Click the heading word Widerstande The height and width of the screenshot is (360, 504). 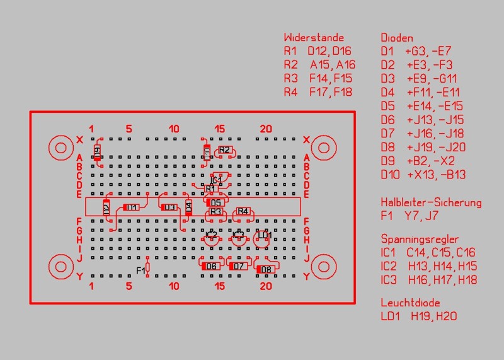click(x=314, y=37)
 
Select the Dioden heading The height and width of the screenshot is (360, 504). click(x=397, y=37)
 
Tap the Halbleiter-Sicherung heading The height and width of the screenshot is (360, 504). click(x=431, y=202)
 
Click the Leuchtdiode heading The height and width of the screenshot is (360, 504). click(x=410, y=302)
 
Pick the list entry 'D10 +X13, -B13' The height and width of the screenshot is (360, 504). click(x=423, y=175)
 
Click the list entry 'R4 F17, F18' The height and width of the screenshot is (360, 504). click(x=318, y=93)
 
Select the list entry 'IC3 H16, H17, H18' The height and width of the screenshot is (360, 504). click(x=429, y=280)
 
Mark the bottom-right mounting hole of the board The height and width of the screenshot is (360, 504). click(x=324, y=267)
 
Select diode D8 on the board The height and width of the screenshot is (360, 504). click(x=265, y=270)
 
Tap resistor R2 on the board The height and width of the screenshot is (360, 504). click(x=225, y=150)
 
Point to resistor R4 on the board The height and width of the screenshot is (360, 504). click(x=243, y=212)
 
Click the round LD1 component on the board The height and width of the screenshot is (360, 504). click(x=265, y=236)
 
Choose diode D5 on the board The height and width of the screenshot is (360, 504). click(x=215, y=202)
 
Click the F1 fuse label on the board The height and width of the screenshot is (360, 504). click(x=141, y=270)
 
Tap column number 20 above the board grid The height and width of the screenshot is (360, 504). click(x=266, y=129)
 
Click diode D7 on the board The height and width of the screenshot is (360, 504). click(x=238, y=266)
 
